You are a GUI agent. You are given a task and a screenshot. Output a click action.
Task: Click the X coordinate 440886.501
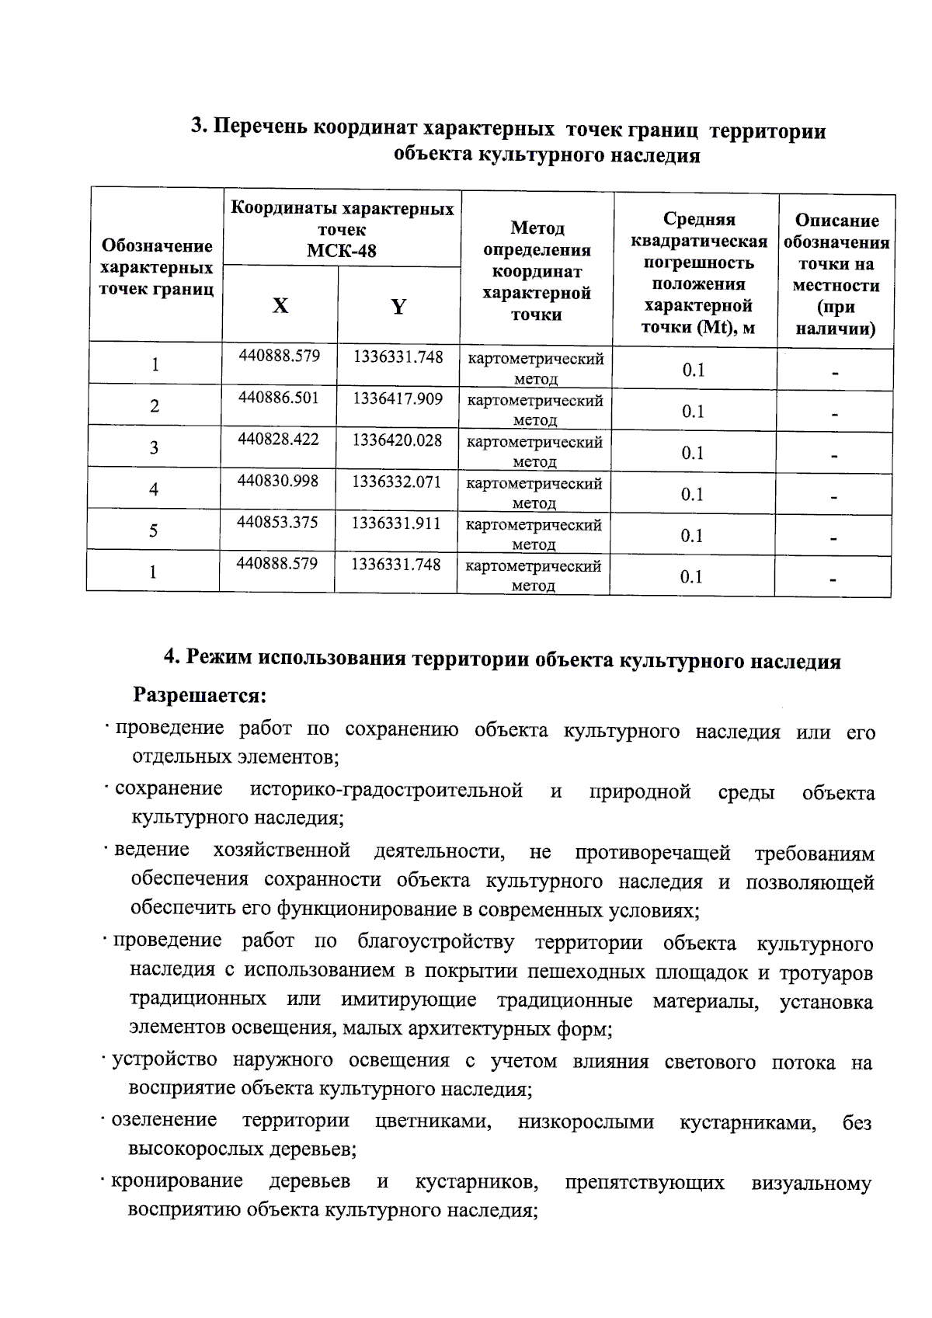tap(278, 398)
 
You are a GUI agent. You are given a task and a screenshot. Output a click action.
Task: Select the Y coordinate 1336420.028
tap(397, 440)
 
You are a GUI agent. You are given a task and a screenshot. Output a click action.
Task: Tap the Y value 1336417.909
tap(398, 398)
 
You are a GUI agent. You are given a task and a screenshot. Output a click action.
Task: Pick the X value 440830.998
tap(277, 481)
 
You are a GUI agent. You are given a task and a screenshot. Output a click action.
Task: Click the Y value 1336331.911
tap(396, 523)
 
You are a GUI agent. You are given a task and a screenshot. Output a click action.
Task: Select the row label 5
tap(154, 530)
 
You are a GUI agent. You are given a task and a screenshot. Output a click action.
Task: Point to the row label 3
tap(154, 447)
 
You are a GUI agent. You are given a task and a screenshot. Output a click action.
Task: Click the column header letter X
tap(280, 306)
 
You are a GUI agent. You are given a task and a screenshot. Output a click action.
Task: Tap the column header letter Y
tap(398, 307)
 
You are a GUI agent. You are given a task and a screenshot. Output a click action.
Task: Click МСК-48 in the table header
tap(342, 251)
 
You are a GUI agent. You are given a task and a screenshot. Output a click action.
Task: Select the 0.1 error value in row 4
tap(692, 494)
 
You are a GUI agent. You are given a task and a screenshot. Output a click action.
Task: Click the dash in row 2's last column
tap(834, 415)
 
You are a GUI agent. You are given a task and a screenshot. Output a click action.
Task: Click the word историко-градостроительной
tap(386, 791)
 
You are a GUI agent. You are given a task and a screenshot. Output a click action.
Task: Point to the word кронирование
tap(177, 1181)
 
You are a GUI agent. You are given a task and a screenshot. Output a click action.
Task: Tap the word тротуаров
tap(826, 973)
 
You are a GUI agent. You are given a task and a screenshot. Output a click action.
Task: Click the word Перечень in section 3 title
tap(261, 127)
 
